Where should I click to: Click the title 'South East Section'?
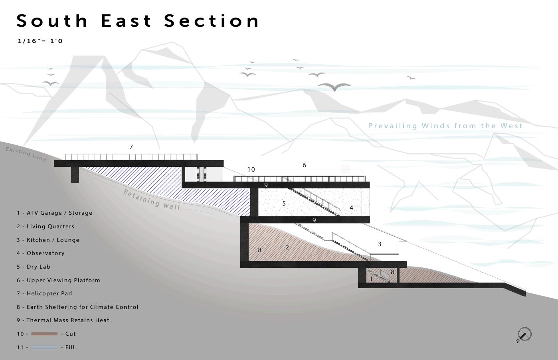tap(138, 21)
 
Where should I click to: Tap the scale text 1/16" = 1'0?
tap(40, 41)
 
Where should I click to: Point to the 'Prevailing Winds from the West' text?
tap(445, 126)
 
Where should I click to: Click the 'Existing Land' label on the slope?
tap(26, 154)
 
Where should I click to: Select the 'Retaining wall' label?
tap(152, 199)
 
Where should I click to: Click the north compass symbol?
tap(524, 334)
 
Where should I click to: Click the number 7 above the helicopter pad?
tap(131, 147)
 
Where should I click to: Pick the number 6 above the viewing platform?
tap(304, 165)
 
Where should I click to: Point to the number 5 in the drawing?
tap(284, 204)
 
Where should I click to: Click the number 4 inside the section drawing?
tap(351, 208)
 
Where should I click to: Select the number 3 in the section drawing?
tap(380, 244)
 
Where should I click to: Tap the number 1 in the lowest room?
tap(371, 279)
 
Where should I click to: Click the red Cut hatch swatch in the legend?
tap(44, 334)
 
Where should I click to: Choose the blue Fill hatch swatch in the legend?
tap(44, 347)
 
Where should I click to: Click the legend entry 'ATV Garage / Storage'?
tap(54, 213)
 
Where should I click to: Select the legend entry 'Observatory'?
tap(41, 253)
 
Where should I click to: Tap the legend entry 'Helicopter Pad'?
tap(44, 293)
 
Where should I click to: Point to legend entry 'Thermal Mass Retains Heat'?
tap(63, 320)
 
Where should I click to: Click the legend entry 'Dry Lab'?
tap(34, 267)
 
